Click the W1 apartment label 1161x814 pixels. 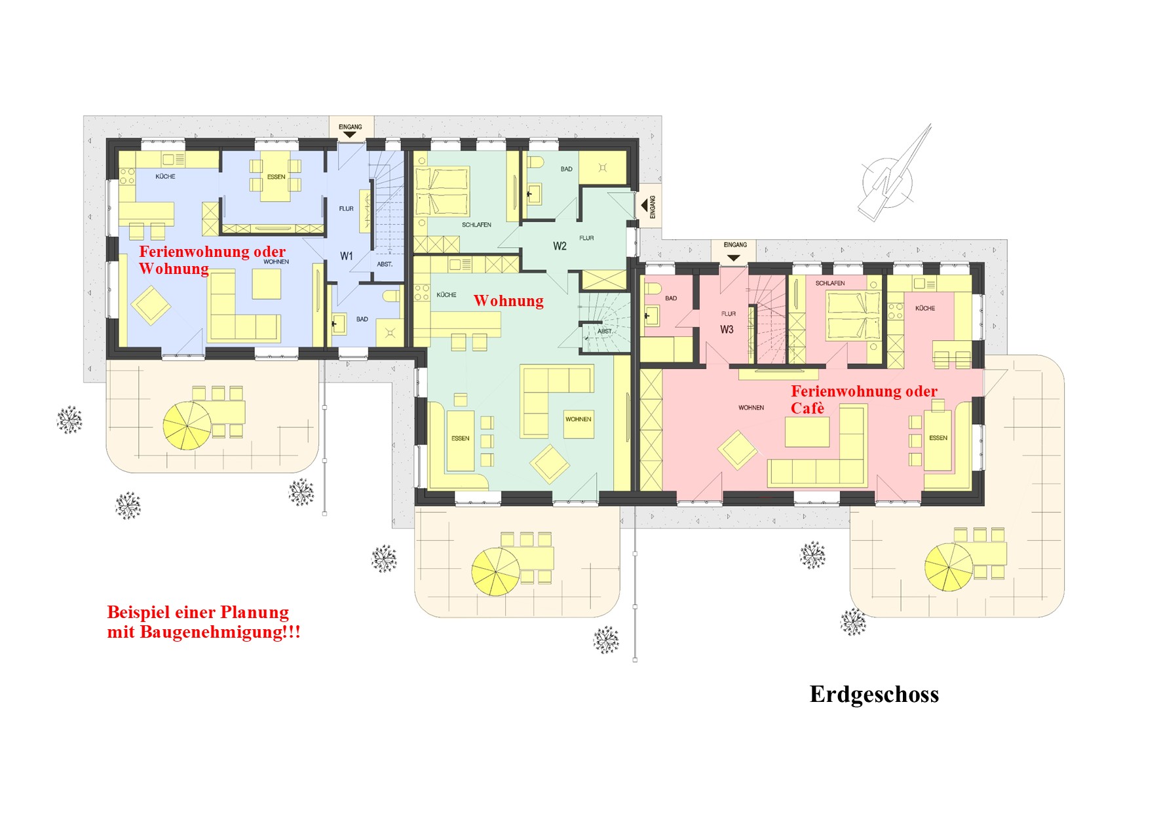(346, 256)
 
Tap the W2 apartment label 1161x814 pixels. (560, 246)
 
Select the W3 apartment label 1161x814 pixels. (727, 329)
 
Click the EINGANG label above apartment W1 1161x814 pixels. (350, 126)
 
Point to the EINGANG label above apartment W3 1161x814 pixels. (735, 244)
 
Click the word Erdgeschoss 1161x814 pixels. (874, 694)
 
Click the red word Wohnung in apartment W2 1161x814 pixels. (508, 301)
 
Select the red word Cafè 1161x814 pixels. (807, 408)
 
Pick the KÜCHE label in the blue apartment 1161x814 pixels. (165, 176)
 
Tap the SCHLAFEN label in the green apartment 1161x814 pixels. (476, 225)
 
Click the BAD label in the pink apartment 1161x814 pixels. (671, 298)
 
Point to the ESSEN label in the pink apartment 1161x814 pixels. (938, 438)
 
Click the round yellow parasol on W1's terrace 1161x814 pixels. (187, 425)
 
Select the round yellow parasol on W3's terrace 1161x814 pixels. (949, 567)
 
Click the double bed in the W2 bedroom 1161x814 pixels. (442, 191)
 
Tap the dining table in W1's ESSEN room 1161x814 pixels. (276, 177)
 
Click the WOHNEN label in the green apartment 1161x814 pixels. (579, 419)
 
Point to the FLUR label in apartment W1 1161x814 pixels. (346, 209)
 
